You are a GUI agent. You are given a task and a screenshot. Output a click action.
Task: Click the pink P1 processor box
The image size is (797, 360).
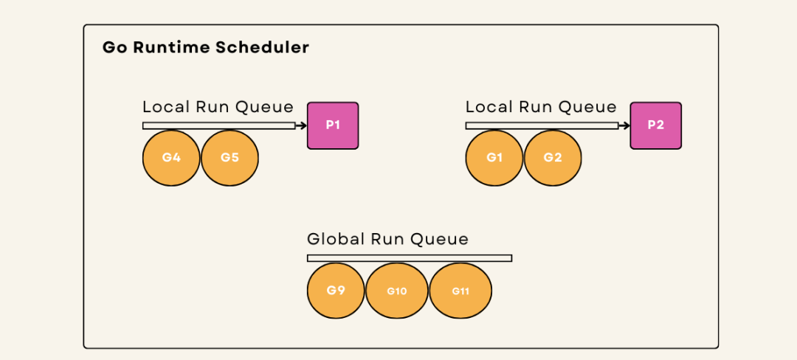pos(333,125)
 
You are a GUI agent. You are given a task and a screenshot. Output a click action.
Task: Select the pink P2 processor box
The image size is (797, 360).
pos(656,125)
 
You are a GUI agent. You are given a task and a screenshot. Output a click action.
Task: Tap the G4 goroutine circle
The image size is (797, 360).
pos(171,158)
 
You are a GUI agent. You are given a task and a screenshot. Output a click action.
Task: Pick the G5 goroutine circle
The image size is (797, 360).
pos(230,158)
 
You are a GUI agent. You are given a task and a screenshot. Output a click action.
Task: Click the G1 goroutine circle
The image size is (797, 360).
pos(494,158)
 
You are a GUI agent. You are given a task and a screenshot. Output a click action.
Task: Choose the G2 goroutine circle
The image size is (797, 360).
pos(553,158)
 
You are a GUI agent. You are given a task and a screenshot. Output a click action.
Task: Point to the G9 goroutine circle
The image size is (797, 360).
pos(336,291)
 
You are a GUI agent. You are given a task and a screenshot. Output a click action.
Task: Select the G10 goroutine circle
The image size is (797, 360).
pos(397,291)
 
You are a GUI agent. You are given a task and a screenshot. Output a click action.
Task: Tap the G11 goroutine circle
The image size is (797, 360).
pos(460,291)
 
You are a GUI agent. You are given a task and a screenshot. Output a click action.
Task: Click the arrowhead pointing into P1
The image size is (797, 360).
pos(304,125)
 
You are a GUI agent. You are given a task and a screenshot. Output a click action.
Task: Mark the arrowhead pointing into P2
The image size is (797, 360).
pos(627,125)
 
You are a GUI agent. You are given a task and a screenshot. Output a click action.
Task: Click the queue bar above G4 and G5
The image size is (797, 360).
pos(219,125)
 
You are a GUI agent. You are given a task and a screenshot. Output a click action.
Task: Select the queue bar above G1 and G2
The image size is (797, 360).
pos(542,125)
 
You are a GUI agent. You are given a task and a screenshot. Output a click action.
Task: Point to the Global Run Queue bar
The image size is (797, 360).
pos(409,258)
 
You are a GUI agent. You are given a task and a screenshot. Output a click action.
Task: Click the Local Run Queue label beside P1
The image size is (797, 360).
pos(218,107)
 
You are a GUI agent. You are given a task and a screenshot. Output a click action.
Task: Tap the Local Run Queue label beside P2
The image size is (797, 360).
pos(541,107)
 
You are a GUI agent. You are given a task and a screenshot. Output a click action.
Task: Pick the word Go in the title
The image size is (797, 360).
pos(112,48)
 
